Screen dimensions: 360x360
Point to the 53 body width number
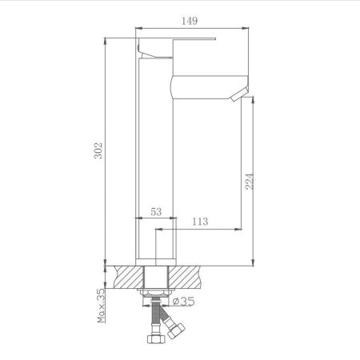(x=156, y=212)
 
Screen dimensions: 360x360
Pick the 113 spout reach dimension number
(x=200, y=222)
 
